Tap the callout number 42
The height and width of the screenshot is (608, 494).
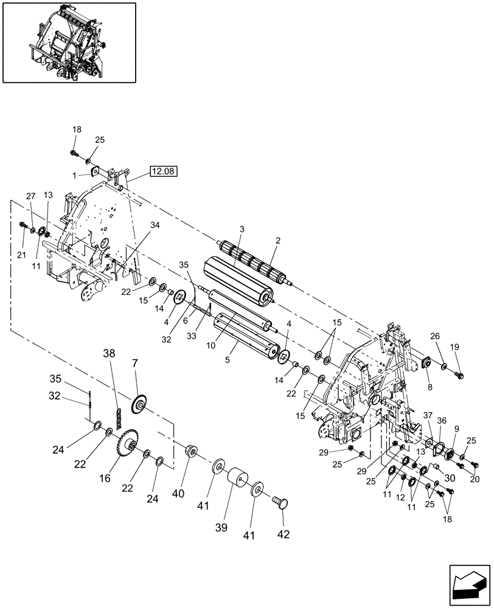(x=284, y=534)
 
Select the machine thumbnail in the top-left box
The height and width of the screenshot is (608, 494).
(x=69, y=42)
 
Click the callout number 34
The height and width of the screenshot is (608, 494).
(x=156, y=225)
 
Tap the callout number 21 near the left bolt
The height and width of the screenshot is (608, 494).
(x=22, y=237)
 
